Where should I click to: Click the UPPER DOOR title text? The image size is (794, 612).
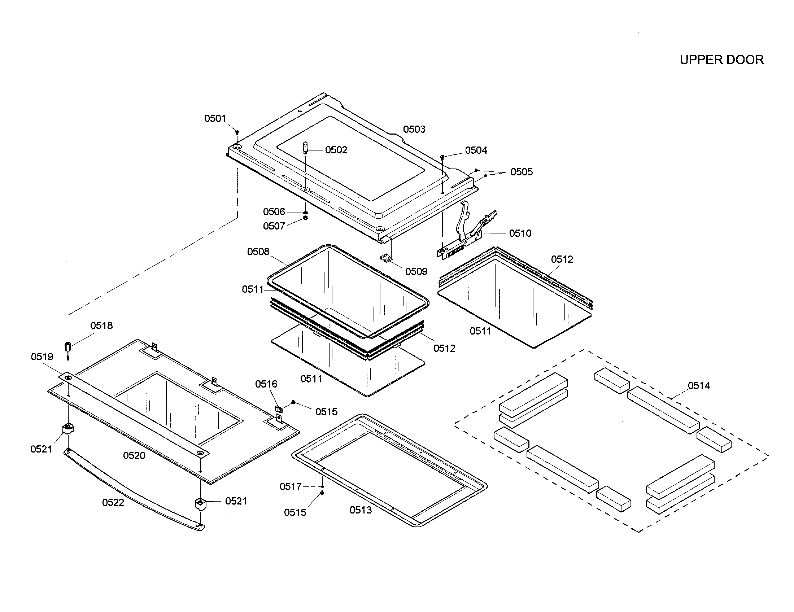721,60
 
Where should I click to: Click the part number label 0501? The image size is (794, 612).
215,118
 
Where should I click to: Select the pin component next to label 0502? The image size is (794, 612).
305,148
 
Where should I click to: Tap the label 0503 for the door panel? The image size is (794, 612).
414,130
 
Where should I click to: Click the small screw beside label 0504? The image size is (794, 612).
442,157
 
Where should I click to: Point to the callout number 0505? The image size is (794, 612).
522,172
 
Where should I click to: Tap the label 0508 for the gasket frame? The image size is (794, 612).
258,252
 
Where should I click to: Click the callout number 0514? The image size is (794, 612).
698,386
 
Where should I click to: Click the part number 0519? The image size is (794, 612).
42,357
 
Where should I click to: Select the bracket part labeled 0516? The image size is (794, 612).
279,409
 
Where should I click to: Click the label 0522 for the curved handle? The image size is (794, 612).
113,502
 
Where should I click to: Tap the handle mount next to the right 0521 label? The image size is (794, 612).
200,504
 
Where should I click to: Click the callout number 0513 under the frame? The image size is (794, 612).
361,510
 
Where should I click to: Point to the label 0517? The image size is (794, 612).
290,486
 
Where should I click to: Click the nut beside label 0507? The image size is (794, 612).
305,218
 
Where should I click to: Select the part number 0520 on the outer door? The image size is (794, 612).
134,455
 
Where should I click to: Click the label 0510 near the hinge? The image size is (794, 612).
520,233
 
